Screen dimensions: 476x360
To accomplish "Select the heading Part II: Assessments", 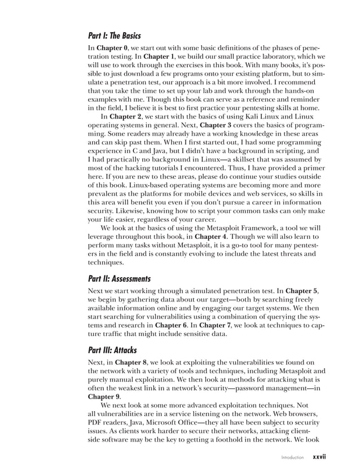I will tap(119, 279).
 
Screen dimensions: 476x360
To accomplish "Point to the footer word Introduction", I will tap(291, 457).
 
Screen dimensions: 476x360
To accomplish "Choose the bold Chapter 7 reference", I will tap(214, 327).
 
